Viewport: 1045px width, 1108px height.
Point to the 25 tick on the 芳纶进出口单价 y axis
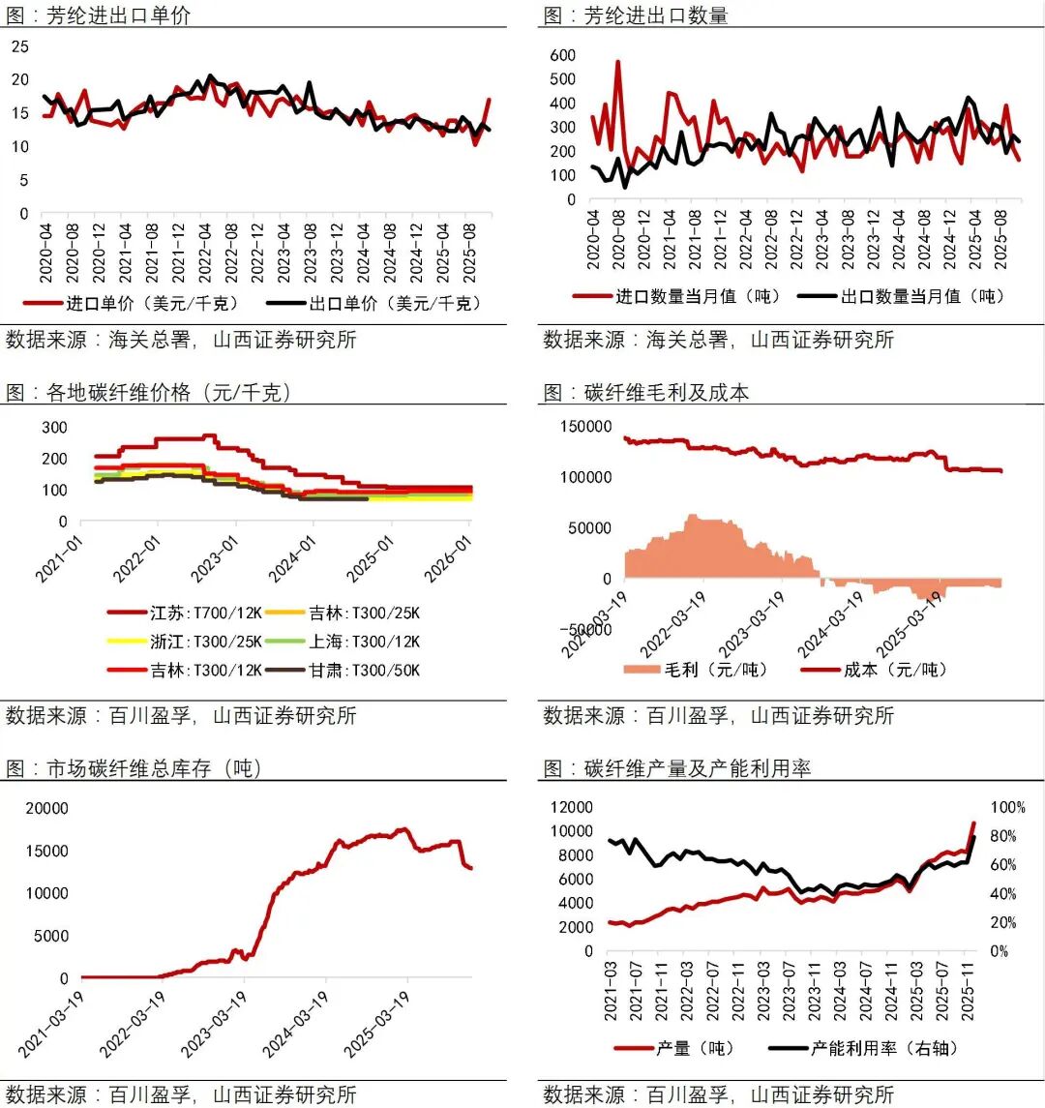20,46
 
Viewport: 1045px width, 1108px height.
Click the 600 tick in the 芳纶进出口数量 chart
562,55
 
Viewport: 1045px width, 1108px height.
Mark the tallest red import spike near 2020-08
617,62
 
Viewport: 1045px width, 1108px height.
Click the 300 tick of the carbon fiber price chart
55,427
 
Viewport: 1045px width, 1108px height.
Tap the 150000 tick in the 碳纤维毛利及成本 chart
585,427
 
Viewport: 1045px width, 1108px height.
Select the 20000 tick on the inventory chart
46,808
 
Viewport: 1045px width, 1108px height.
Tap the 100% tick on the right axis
1007,807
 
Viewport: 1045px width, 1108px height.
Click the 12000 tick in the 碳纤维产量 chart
571,807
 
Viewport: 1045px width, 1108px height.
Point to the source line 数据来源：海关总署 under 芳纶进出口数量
718,340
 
